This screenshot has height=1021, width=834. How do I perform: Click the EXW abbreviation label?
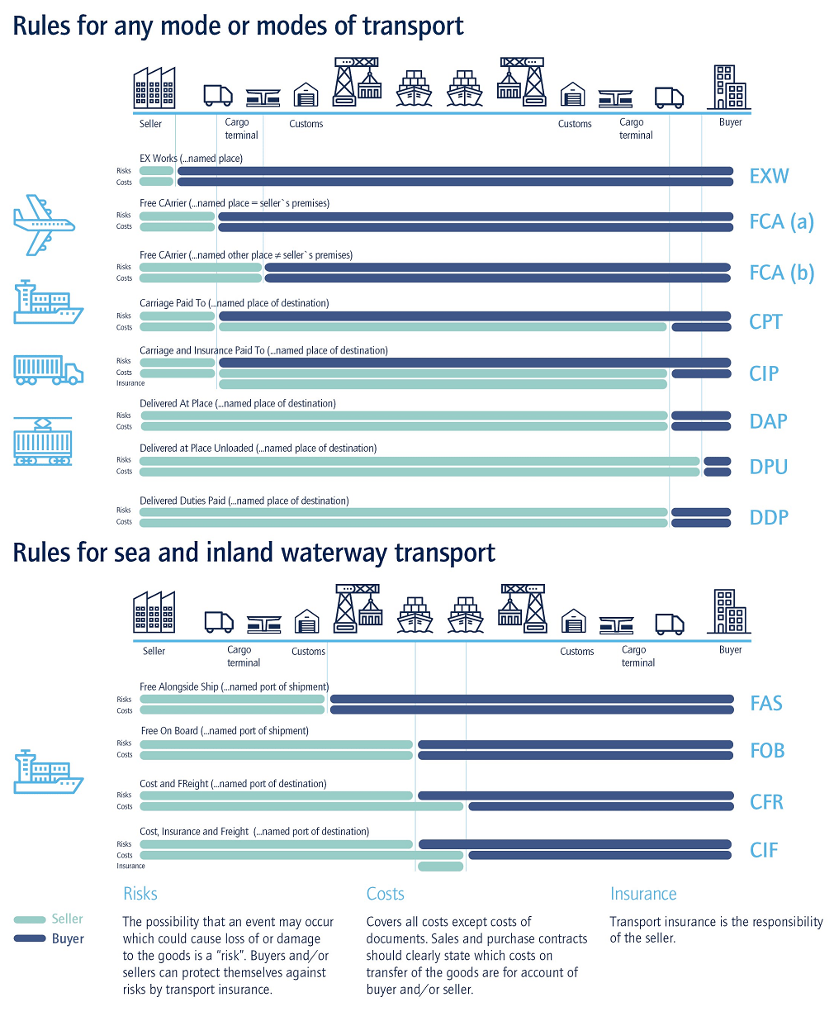coord(769,176)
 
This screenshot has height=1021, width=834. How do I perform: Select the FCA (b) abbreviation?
coord(781,273)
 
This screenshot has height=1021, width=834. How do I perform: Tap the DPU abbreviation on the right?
coord(768,467)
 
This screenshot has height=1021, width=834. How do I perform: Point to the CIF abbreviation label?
coord(764,850)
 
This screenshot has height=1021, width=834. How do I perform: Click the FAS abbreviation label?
coord(765,703)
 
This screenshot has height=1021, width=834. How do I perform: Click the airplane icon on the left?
coord(44,225)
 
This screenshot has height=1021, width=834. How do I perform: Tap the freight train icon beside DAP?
coord(43,442)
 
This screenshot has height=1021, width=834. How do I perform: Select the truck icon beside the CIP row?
coord(48,369)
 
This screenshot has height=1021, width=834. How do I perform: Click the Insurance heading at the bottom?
coord(642,894)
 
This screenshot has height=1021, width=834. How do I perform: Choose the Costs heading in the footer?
coord(385,894)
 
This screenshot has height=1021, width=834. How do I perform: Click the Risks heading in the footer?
coord(140,894)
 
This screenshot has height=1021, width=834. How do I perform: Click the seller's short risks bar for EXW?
coord(156,171)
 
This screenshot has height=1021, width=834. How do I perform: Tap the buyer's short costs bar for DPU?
coord(717,473)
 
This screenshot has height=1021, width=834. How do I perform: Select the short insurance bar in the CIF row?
coord(440,867)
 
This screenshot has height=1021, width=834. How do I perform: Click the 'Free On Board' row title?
coord(169,731)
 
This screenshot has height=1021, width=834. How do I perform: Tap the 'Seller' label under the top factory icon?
coord(150,124)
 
